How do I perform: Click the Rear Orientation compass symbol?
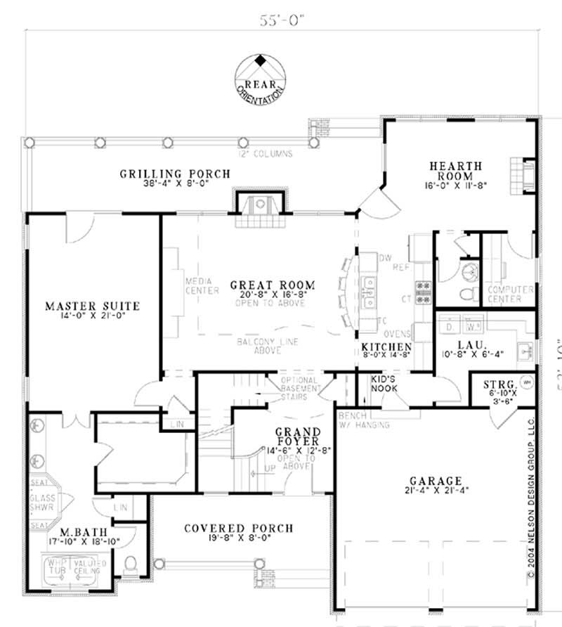point(260,76)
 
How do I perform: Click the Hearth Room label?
point(456,171)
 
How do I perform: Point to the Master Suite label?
point(92,306)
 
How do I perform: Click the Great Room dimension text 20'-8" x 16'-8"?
point(272,295)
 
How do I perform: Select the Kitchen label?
point(386,347)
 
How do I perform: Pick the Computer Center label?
point(505,294)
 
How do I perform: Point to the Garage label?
point(436,481)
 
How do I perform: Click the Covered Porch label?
point(238,529)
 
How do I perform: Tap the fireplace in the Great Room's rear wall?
point(260,206)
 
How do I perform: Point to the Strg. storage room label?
point(501,384)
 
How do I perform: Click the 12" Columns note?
point(266,153)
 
